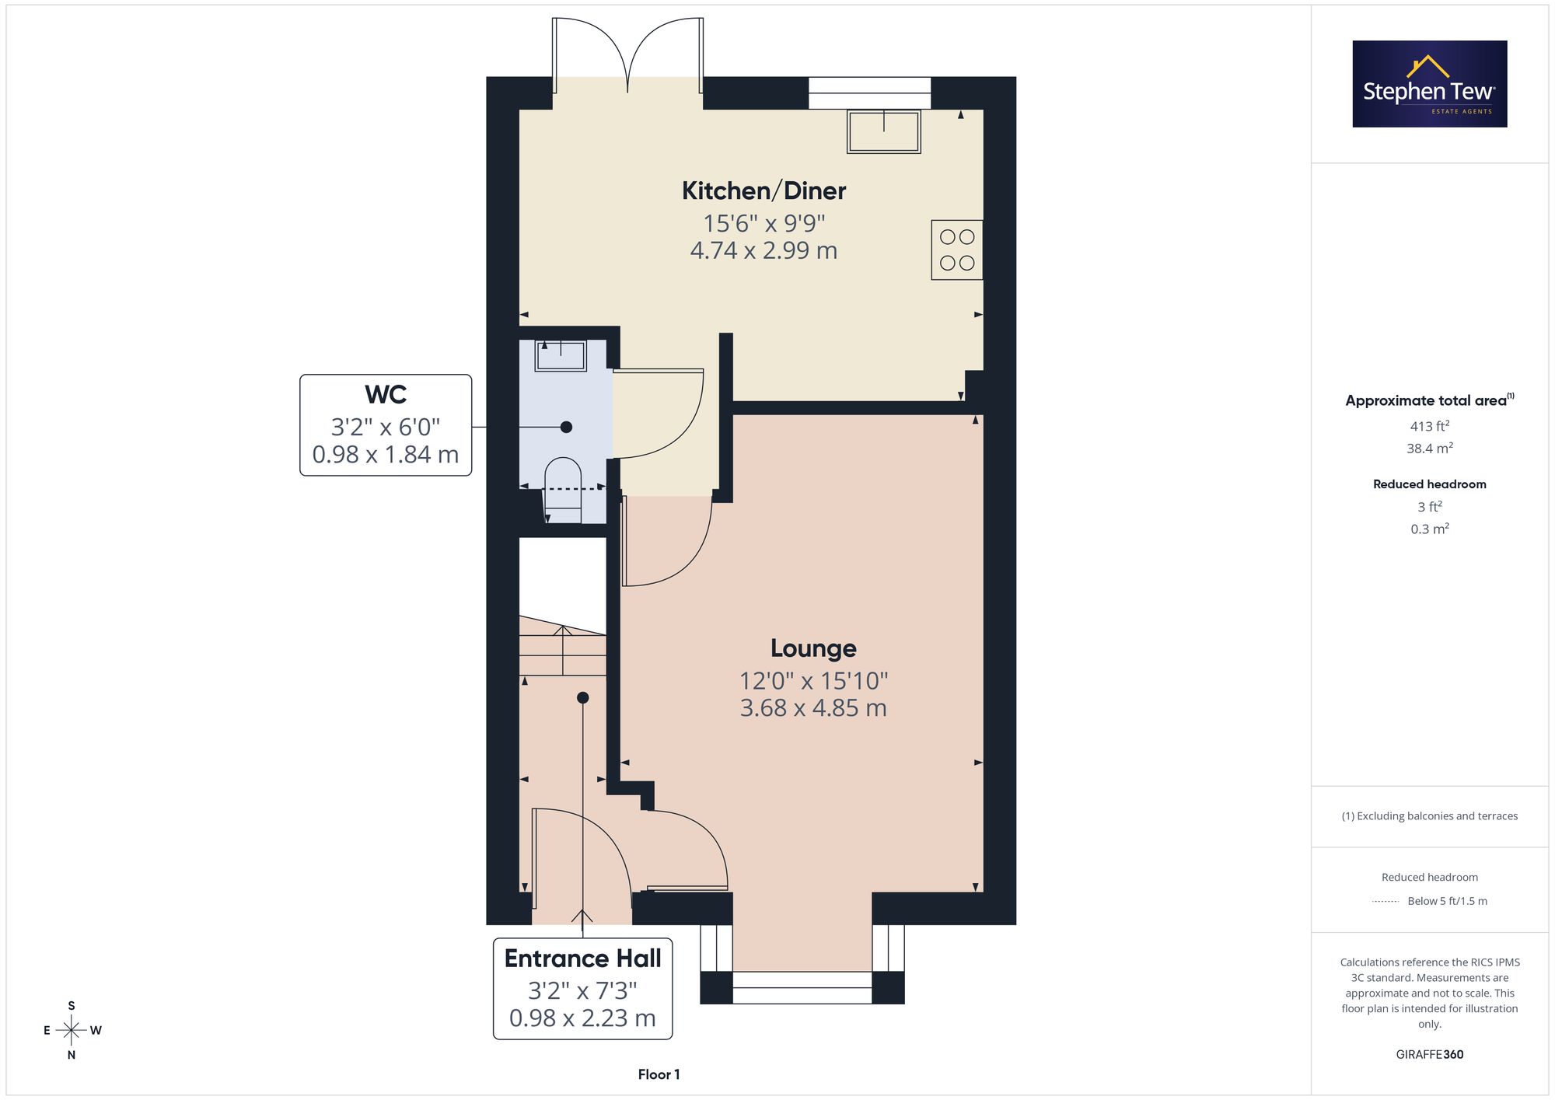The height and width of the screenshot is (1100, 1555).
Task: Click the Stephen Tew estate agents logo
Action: pyautogui.click(x=1430, y=84)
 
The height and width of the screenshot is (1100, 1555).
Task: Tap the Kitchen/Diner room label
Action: pyautogui.click(x=764, y=190)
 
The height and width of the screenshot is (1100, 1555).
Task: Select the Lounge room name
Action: pyautogui.click(x=813, y=648)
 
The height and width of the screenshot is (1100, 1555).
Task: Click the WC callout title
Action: pyautogui.click(x=386, y=395)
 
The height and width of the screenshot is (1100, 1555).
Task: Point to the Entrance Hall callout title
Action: pyautogui.click(x=582, y=959)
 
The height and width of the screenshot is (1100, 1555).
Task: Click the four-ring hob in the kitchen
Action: pyautogui.click(x=957, y=250)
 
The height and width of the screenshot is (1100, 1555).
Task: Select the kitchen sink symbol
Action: pyautogui.click(x=884, y=131)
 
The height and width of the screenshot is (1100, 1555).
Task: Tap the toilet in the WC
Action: pyautogui.click(x=564, y=491)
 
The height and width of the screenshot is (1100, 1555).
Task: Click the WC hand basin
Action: pyautogui.click(x=560, y=355)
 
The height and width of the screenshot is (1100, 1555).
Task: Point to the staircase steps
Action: pyautogui.click(x=562, y=645)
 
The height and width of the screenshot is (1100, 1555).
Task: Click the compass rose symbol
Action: pyautogui.click(x=72, y=1031)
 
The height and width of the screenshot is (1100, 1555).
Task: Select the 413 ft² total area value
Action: pyautogui.click(x=1430, y=426)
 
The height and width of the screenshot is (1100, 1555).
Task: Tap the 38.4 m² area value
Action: pyautogui.click(x=1430, y=448)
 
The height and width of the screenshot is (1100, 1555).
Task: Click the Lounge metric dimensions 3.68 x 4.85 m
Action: pyautogui.click(x=813, y=708)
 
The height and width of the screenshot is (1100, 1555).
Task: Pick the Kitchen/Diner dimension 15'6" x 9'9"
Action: pyautogui.click(x=764, y=224)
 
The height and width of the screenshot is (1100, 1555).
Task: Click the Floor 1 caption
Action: pyautogui.click(x=659, y=1074)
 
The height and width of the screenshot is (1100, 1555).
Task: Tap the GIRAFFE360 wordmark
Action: pyautogui.click(x=1430, y=1055)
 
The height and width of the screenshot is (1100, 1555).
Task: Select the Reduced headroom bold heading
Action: pyautogui.click(x=1430, y=484)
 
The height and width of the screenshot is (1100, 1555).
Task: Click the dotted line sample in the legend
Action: pyautogui.click(x=1386, y=902)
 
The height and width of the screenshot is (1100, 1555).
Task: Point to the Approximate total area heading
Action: pyautogui.click(x=1430, y=400)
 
